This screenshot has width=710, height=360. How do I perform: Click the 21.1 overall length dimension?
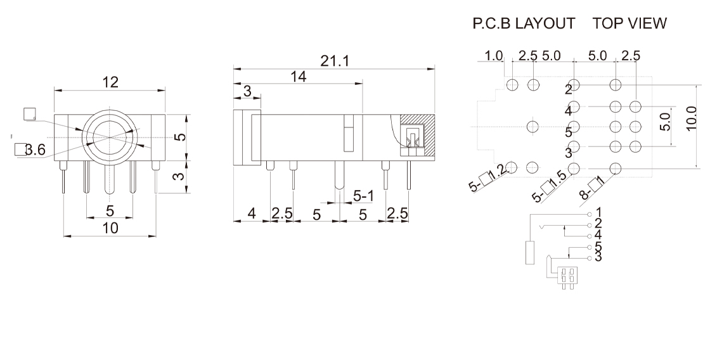click(334, 60)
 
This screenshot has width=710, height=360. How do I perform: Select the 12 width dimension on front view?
click(110, 82)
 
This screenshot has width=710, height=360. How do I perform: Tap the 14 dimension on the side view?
click(298, 77)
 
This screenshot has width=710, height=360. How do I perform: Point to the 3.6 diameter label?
click(30, 150)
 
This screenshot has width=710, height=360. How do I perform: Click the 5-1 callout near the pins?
click(363, 197)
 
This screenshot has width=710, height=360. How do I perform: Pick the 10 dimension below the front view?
click(110, 229)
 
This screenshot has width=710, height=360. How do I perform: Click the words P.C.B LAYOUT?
click(524, 24)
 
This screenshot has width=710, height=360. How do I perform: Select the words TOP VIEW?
click(629, 24)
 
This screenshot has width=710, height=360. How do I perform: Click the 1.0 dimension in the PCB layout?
click(494, 56)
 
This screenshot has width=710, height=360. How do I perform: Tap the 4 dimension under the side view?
click(251, 214)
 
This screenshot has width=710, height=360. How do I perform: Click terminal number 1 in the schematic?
click(598, 211)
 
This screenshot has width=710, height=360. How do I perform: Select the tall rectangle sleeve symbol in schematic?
click(531, 252)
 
